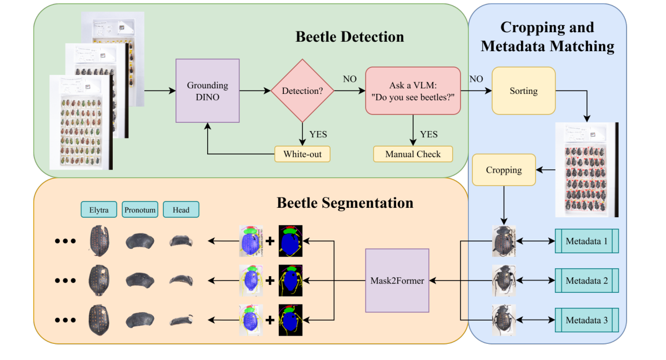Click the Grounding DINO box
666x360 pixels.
coord(208,90)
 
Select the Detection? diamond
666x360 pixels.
coord(302,91)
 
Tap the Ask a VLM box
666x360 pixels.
coord(413,91)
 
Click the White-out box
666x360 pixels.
coord(302,154)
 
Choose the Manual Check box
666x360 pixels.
coord(413,154)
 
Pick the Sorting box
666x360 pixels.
coord(523,91)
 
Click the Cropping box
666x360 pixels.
coord(504,170)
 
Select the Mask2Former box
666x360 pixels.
coord(397,281)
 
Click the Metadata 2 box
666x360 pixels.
coord(587,281)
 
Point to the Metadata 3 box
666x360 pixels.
coord(587,321)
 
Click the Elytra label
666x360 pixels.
coord(99,209)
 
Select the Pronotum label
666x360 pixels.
coord(140,209)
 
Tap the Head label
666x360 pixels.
coord(181,209)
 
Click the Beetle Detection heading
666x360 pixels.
coord(349,37)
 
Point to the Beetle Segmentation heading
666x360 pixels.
coord(345,202)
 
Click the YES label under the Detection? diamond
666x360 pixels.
coord(318,134)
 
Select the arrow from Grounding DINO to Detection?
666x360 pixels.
coord(255,91)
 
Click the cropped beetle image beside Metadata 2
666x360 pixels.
coord(503,281)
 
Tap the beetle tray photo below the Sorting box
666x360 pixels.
coord(587,169)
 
